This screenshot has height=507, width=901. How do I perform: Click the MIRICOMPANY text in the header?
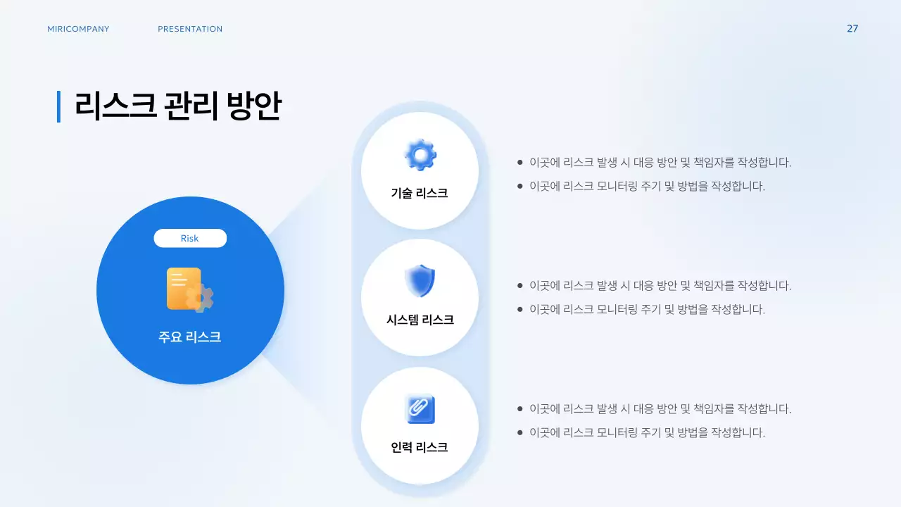78,29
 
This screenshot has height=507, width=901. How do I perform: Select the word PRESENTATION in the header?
190,29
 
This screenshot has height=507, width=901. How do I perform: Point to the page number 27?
852,29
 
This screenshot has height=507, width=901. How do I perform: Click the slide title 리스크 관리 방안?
178,106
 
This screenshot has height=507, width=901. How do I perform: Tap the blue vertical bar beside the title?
58,106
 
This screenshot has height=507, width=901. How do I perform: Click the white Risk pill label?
190,238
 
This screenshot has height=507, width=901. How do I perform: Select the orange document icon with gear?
189,289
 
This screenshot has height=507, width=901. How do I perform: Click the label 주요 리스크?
190,337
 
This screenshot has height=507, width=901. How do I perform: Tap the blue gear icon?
420,155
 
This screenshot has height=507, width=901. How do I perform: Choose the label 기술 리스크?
420,193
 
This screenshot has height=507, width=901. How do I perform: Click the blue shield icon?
420,281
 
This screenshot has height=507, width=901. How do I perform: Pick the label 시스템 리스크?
420,320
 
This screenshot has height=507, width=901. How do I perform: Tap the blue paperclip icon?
420,408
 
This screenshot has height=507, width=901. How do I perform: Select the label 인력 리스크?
420,447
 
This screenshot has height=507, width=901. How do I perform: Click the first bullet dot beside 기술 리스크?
520,163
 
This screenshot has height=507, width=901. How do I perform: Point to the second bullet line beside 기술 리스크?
647,187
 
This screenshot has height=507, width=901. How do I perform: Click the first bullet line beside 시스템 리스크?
660,286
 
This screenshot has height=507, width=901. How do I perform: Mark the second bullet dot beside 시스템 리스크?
520,309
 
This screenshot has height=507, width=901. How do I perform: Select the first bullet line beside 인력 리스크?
660,409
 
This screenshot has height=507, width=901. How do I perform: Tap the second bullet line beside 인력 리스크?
647,432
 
